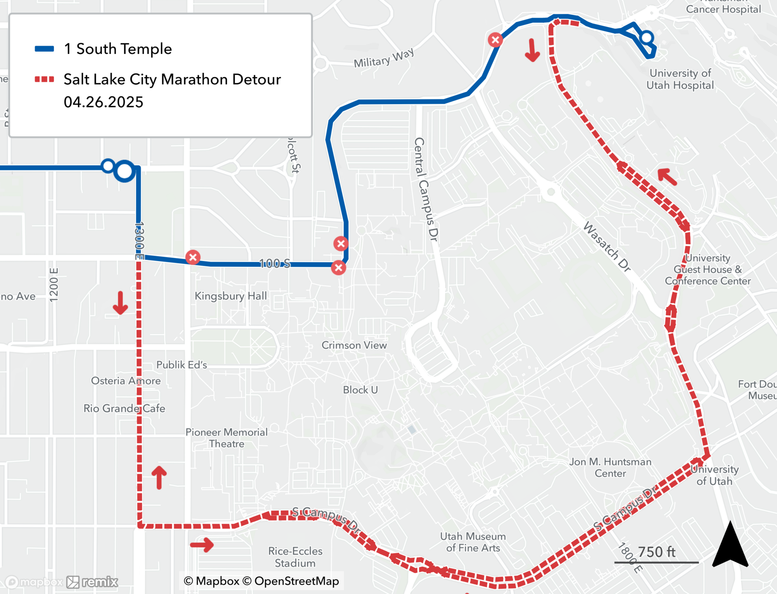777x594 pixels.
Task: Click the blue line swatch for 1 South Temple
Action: [44, 49]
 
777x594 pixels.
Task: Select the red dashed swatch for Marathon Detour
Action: [44, 80]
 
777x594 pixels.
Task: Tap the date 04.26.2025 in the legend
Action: [103, 102]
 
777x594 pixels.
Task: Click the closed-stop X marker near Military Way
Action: [495, 40]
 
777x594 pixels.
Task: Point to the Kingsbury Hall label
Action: [231, 296]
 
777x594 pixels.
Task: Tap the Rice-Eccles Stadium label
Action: [295, 557]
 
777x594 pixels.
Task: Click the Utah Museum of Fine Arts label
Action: [473, 542]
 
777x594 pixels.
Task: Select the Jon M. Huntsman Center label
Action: [610, 467]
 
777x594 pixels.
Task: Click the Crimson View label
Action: [354, 345]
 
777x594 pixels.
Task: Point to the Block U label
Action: [360, 390]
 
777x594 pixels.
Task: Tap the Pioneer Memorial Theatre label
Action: [226, 438]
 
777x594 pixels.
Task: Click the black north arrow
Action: [730, 546]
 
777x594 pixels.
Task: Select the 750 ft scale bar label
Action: [657, 552]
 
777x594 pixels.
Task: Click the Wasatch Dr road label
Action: [607, 246]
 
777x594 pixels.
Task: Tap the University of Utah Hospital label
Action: [680, 79]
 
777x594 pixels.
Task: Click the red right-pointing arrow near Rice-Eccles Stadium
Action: [202, 545]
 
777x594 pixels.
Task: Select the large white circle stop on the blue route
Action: [124, 171]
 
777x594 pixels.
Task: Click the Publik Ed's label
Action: [181, 365]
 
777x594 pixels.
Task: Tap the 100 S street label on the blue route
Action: [275, 263]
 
